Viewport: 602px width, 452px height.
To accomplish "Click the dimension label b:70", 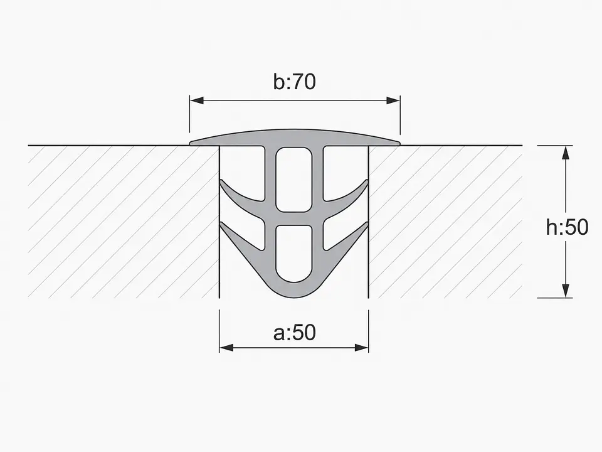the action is pyautogui.click(x=295, y=82).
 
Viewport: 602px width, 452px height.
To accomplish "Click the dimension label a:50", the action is pyautogui.click(x=295, y=333).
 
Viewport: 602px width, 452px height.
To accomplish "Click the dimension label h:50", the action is pyautogui.click(x=567, y=227).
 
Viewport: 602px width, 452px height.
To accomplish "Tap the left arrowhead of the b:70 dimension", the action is pyautogui.click(x=196, y=100).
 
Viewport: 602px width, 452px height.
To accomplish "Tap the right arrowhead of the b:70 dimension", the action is pyautogui.click(x=393, y=100).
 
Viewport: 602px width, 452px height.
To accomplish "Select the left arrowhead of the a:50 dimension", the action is pyautogui.click(x=226, y=348).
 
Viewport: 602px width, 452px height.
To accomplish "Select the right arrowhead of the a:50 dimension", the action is pyautogui.click(x=362, y=348).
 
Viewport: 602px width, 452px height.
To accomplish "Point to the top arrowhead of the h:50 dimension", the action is pyautogui.click(x=565, y=153).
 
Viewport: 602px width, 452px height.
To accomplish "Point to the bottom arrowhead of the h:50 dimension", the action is pyautogui.click(x=565, y=291).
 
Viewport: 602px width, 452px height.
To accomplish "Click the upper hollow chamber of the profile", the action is pyautogui.click(x=293, y=180).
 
